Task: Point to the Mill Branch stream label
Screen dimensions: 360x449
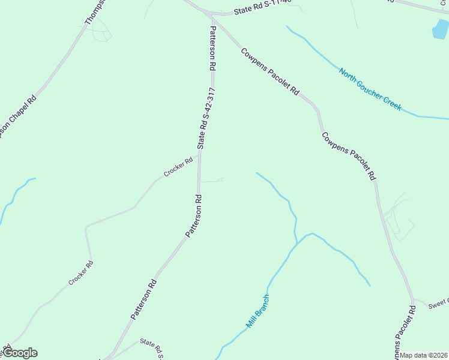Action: (x=258, y=311)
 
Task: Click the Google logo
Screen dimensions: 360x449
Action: (x=20, y=353)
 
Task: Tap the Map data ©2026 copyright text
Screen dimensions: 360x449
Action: (x=424, y=355)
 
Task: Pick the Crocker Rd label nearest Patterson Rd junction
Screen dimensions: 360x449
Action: (x=178, y=167)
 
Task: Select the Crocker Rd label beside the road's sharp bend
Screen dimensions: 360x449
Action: (x=80, y=273)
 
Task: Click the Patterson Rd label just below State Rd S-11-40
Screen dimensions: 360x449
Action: (x=212, y=49)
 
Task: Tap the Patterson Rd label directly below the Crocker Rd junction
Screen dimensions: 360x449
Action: (x=193, y=215)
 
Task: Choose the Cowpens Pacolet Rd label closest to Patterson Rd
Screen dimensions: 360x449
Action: (x=270, y=72)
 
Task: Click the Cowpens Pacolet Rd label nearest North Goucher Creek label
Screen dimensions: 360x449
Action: (x=348, y=157)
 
